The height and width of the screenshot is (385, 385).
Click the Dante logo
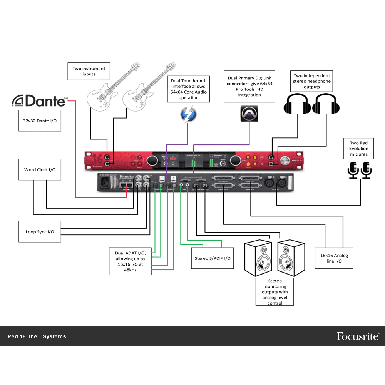coord(40,101)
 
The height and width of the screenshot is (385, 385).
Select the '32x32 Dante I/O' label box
coord(40,120)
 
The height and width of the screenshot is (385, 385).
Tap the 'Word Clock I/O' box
coord(40,169)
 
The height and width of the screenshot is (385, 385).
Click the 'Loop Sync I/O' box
coord(40,232)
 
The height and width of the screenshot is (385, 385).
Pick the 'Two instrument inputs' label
coord(89,71)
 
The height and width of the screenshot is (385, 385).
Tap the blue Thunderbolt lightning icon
coord(188,114)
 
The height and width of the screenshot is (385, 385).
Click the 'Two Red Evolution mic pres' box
coord(358,149)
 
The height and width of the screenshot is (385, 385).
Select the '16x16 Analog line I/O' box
coord(334,258)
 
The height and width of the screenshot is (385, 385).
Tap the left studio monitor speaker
coord(258,258)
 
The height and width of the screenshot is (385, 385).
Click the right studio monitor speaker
coord(291,258)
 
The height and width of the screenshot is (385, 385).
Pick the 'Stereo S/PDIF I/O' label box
coord(212,258)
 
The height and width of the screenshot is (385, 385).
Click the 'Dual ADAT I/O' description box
coord(130,261)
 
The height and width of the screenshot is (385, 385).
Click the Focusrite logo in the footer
coord(358,336)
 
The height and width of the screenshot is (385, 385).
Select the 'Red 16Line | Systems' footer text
coord(37,336)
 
